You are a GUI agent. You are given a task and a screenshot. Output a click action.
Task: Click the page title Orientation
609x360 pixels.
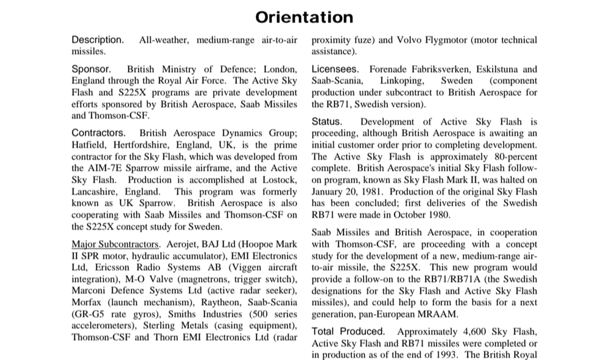pyautogui.click(x=304, y=16)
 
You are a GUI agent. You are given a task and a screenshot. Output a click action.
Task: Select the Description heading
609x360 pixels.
pyautogui.click(x=97, y=40)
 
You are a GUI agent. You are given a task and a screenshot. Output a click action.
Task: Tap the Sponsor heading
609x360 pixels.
pyautogui.click(x=91, y=69)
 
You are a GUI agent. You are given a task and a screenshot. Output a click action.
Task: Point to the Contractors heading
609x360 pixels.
pyautogui.click(x=99, y=133)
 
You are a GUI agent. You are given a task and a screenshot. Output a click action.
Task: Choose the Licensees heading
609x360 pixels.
pyautogui.click(x=335, y=69)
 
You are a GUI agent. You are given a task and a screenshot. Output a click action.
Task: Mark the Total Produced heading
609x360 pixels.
pyautogui.click(x=348, y=331)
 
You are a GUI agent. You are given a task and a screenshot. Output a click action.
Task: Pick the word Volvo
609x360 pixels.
pyautogui.click(x=413, y=40)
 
